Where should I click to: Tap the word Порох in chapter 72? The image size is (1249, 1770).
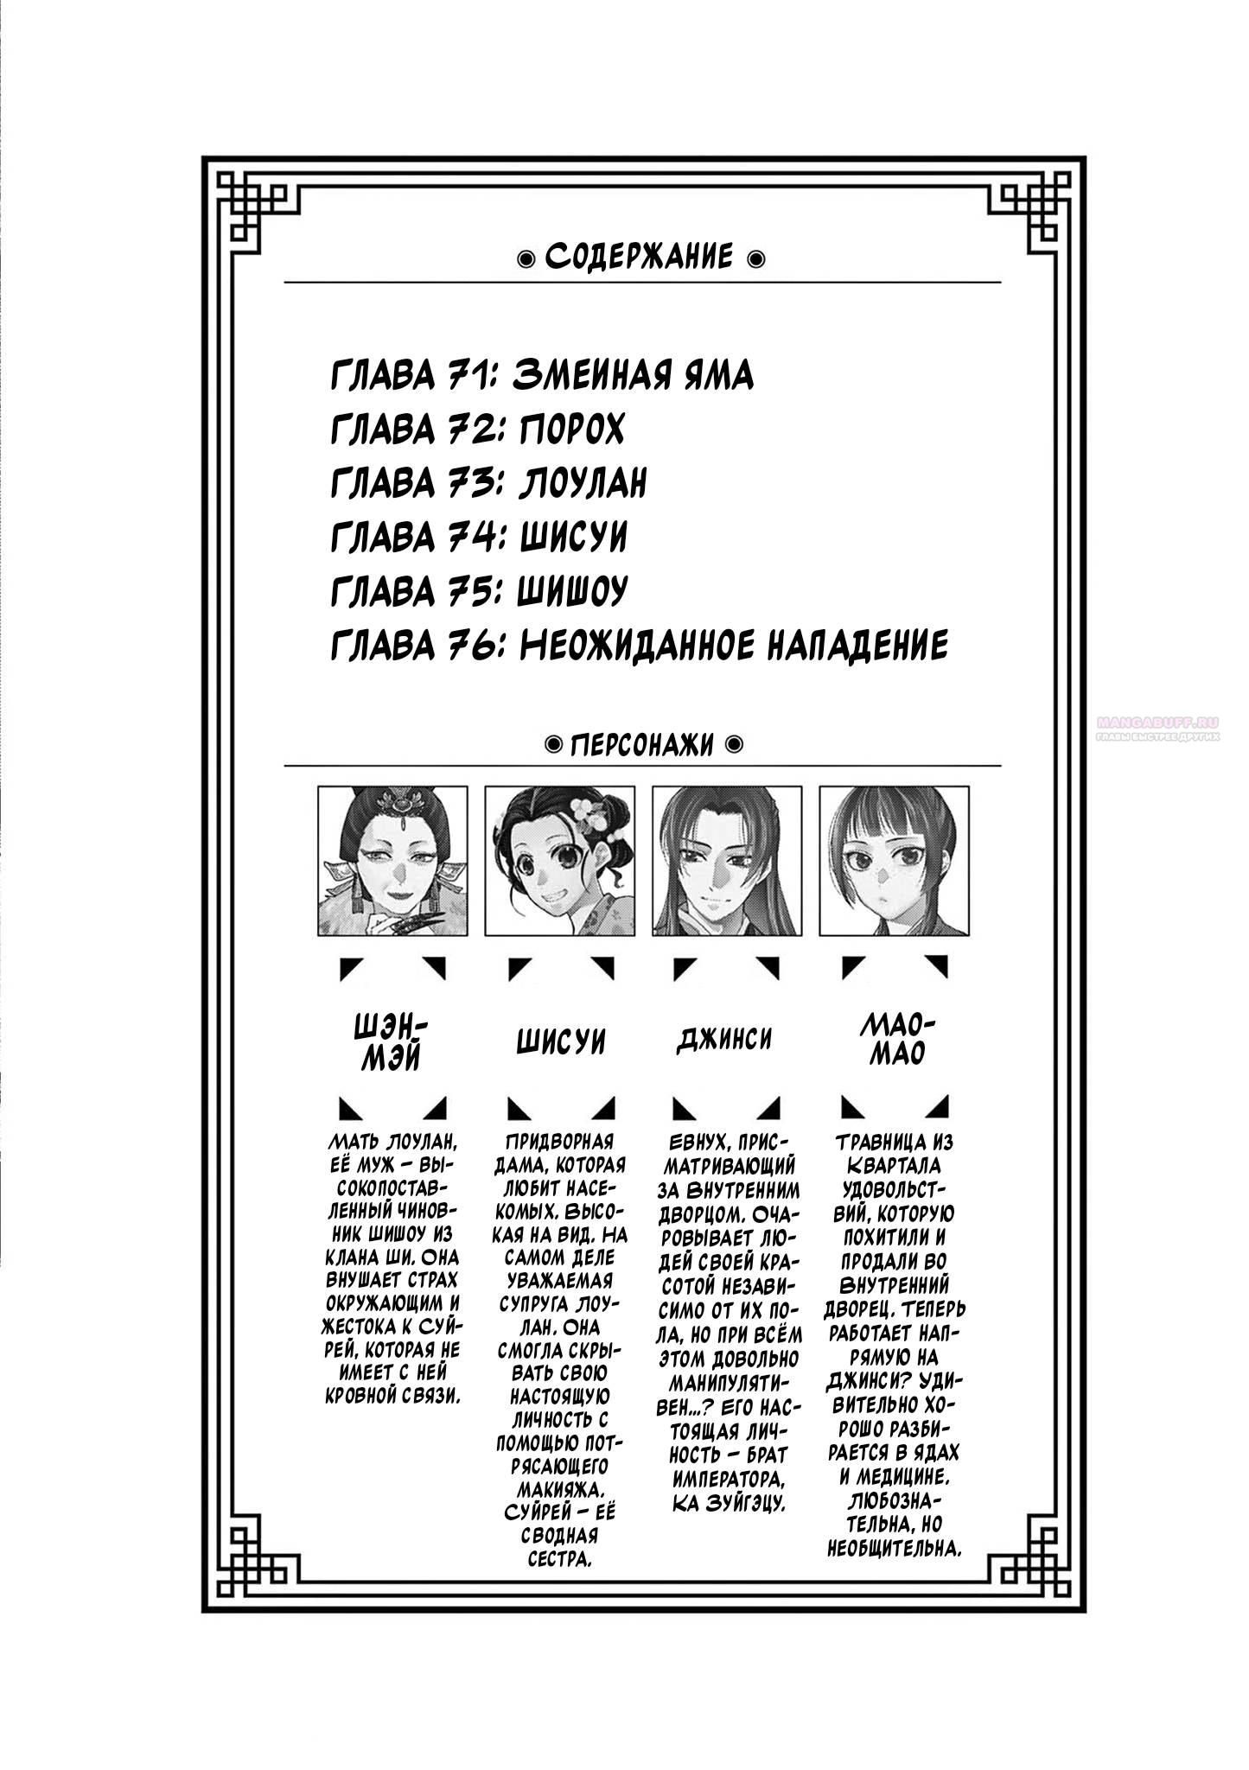[572, 430]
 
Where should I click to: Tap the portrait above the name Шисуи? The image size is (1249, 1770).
[560, 861]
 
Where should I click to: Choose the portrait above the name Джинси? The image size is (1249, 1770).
[727, 861]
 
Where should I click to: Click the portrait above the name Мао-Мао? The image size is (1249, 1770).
[894, 861]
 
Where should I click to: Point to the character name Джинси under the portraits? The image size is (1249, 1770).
[723, 1039]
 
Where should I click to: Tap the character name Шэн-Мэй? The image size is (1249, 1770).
[392, 1041]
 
